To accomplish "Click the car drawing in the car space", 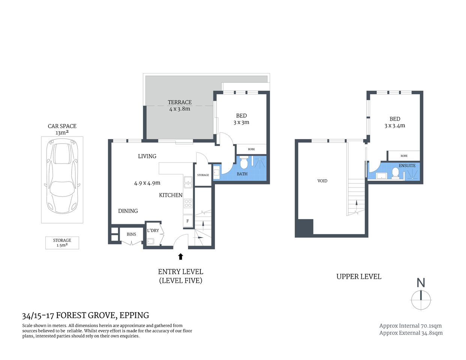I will point(62,176).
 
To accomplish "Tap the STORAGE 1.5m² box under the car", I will point(62,243).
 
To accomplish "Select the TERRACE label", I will point(180,102).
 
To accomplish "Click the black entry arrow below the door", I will point(180,256).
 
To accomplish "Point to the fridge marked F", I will point(188,221).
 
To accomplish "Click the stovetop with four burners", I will point(188,203).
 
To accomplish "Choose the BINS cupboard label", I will point(131,234).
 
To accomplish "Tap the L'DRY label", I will point(153,231).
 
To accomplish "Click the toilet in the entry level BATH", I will point(244,163).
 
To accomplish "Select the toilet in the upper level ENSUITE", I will point(395,172).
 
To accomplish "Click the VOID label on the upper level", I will point(322,181).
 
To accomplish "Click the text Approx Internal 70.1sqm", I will point(410,326).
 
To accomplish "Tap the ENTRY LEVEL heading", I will point(180,272).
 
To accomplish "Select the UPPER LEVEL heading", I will point(359,277).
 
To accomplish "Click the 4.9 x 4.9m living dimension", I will point(147,183).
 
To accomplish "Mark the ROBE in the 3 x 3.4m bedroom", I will point(404,156).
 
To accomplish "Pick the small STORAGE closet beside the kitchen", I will point(203,175).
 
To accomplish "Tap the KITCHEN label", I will point(171,195).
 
